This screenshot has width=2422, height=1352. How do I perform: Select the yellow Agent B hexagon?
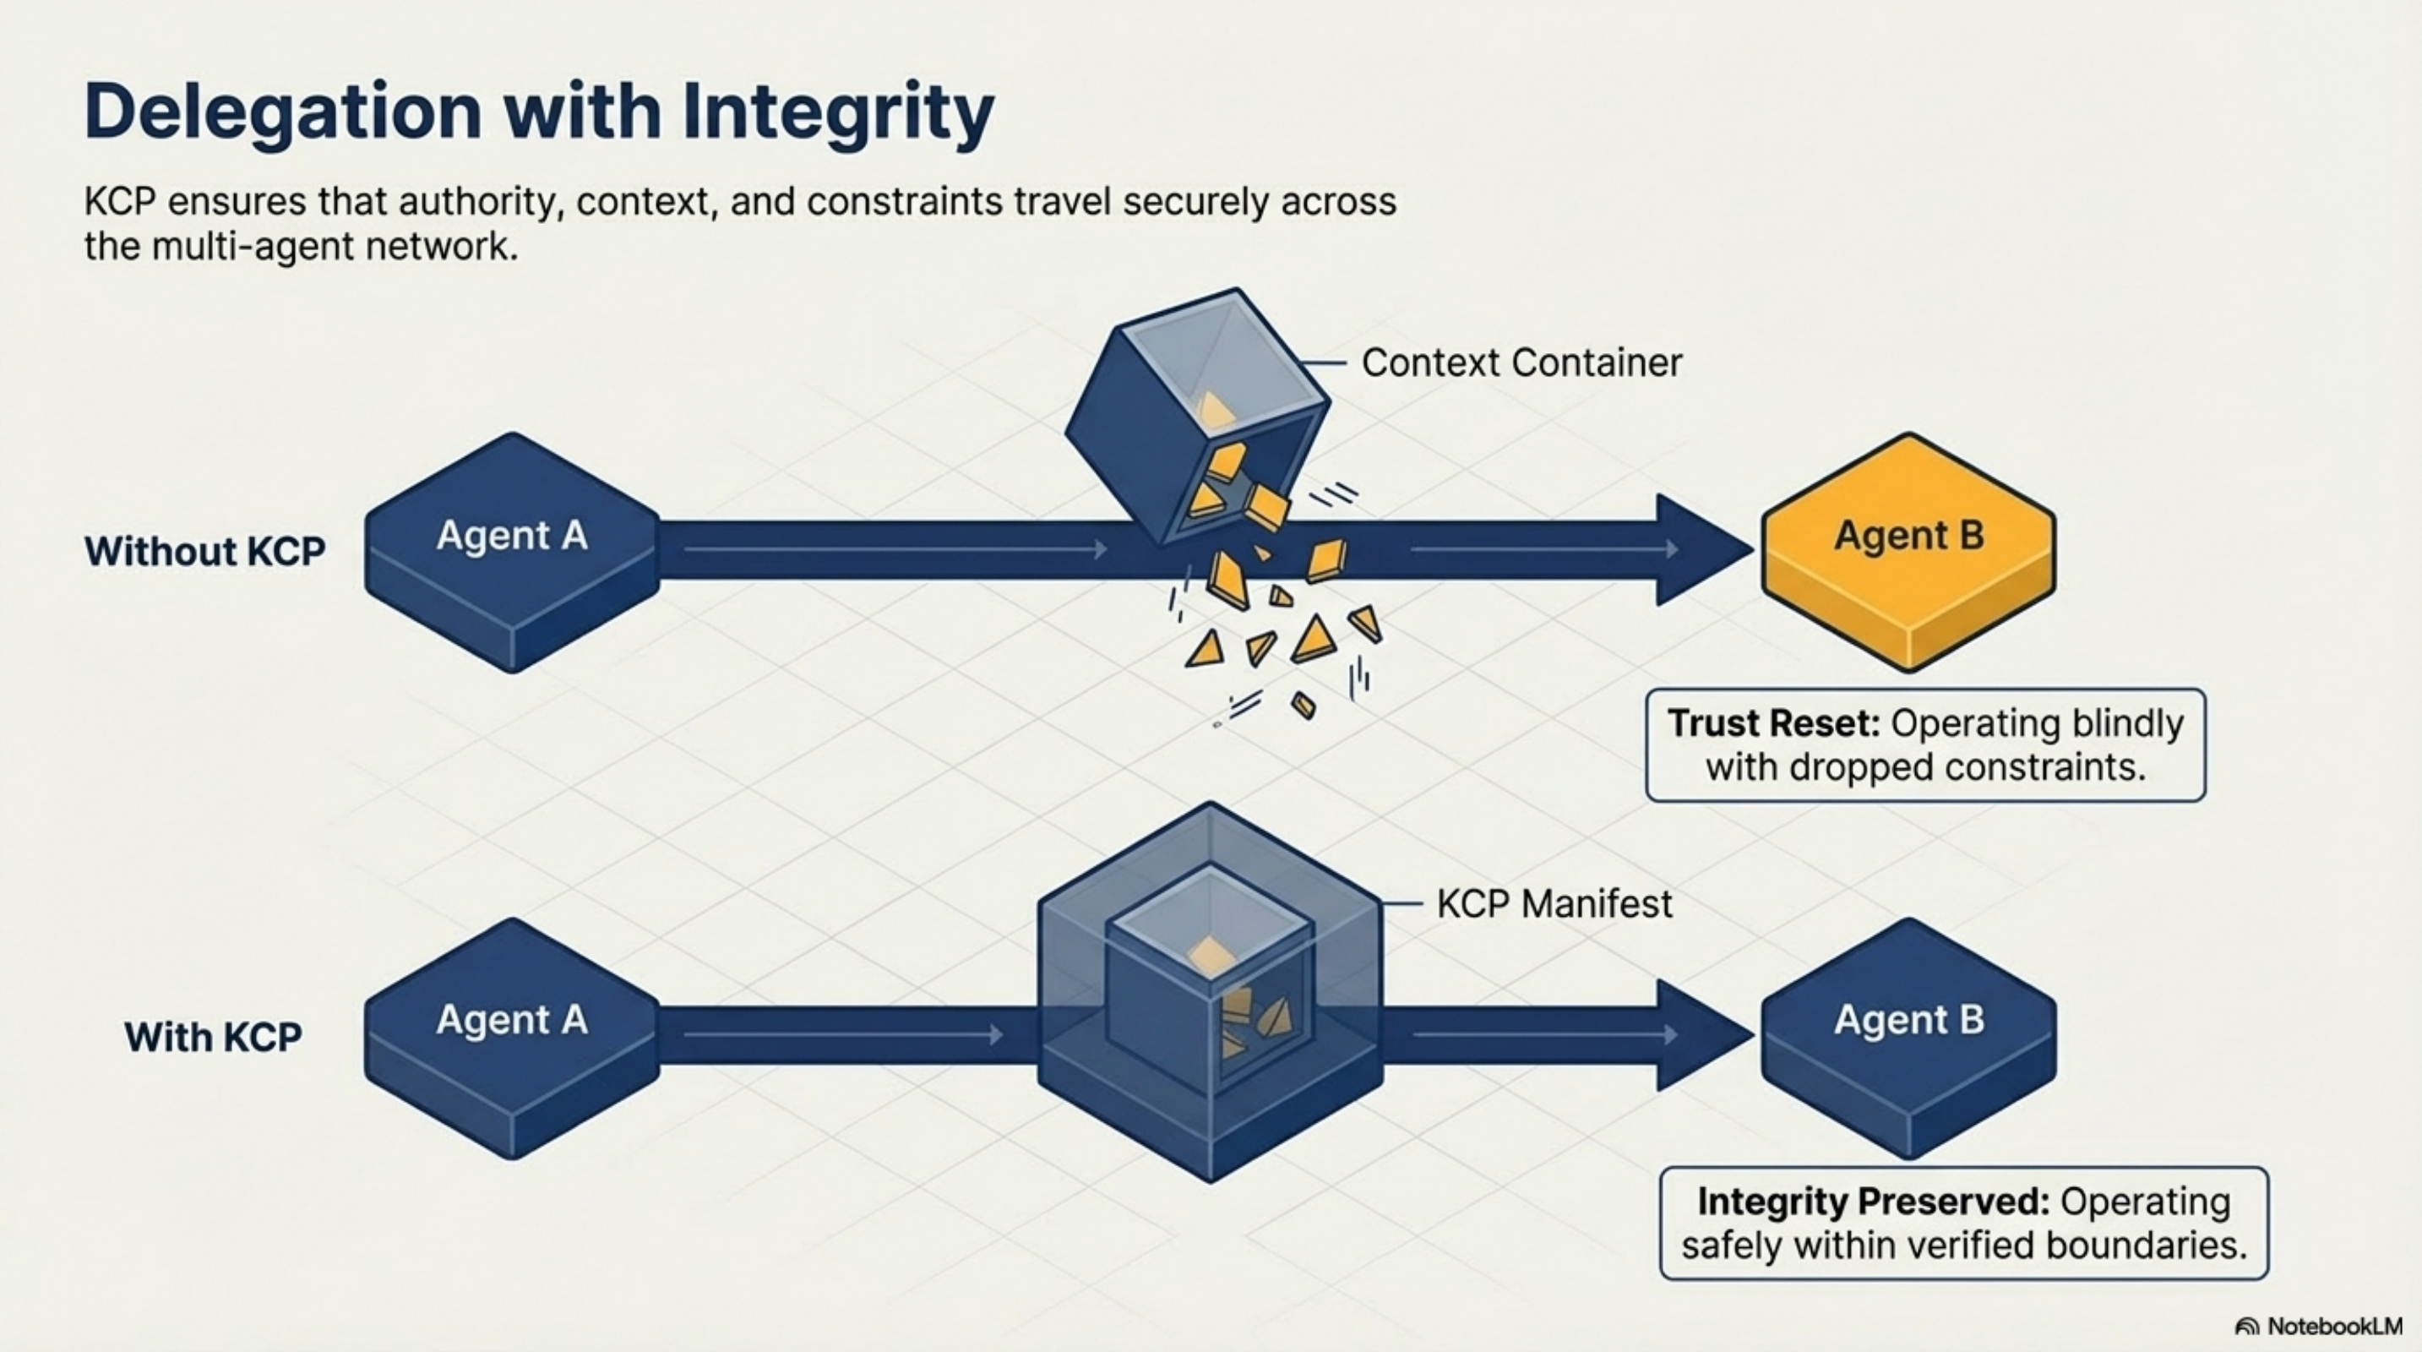coord(1908,550)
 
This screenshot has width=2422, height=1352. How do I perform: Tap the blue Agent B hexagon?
coord(1908,1034)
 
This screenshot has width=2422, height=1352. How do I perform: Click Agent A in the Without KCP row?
coord(513,550)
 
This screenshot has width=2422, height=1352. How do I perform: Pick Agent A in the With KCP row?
coord(513,1034)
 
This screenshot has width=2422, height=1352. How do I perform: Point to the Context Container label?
coord(1521,363)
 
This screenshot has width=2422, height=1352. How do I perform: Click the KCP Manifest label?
coord(1554,904)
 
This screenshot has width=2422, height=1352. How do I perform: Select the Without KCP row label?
coord(205,551)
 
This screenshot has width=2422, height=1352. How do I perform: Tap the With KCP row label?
coord(213,1037)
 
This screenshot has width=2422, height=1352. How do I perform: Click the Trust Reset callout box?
coord(1924,744)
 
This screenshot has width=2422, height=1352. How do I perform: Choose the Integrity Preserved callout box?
coord(1963,1224)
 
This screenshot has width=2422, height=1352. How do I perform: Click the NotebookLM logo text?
coord(2333,1326)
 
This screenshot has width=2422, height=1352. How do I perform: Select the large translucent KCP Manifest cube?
coord(1210,992)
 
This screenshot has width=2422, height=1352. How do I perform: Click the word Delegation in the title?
coord(282,113)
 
